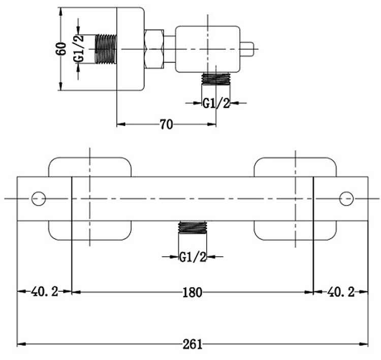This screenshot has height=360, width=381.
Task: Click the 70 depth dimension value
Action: [167, 124]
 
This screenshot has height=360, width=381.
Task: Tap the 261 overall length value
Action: [193, 344]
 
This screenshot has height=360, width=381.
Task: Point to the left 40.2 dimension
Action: [44, 292]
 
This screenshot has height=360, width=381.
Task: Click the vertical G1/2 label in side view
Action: [79, 49]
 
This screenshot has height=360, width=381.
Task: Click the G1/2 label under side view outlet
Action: [216, 103]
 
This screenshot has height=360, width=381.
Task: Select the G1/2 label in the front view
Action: [193, 257]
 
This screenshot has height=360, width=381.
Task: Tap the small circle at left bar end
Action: [39, 198]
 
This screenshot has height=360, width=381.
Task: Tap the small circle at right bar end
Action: [346, 198]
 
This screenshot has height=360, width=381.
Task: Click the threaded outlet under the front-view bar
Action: [193, 228]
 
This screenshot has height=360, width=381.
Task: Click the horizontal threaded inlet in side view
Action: [106, 49]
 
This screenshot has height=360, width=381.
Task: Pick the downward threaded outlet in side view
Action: [216, 79]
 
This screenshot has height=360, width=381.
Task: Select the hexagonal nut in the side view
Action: [154, 49]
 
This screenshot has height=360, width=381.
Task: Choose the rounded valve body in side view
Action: [207, 49]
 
